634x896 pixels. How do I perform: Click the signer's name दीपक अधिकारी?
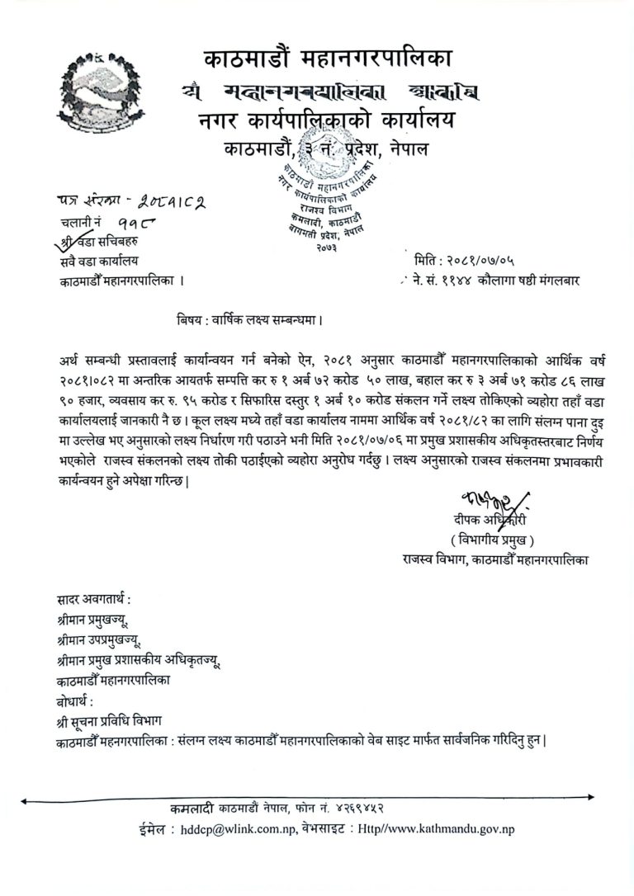point(489,520)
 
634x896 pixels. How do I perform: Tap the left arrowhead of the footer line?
point(24,799)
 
